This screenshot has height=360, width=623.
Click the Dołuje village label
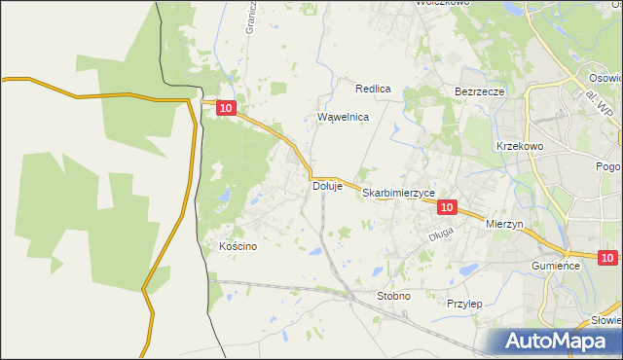pos(327,186)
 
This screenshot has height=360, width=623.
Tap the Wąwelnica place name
pos(344,117)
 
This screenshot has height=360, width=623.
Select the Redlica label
pos(373,89)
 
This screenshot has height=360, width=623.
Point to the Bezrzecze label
pos(479,91)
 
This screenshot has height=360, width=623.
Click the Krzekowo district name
pos(519,145)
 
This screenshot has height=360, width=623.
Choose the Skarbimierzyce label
pos(399,194)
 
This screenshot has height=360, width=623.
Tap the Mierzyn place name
pos(504,223)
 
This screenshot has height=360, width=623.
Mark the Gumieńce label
pos(556,266)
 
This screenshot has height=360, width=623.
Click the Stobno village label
pos(393,295)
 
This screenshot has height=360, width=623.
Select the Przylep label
pos(464,304)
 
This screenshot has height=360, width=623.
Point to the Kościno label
pos(238,246)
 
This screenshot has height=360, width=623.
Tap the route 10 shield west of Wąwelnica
pos(226,111)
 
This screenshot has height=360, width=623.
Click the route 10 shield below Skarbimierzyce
pos(447,207)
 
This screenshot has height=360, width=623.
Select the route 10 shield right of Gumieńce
pos(608,258)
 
